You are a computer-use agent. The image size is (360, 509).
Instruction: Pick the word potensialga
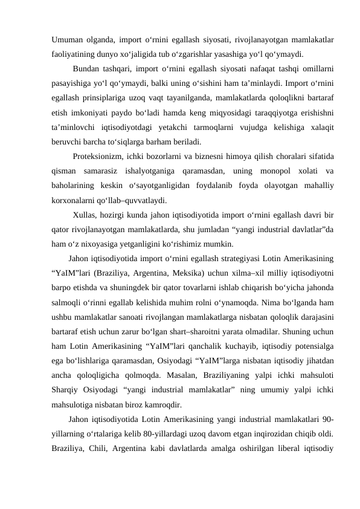click(x=310, y=346)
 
